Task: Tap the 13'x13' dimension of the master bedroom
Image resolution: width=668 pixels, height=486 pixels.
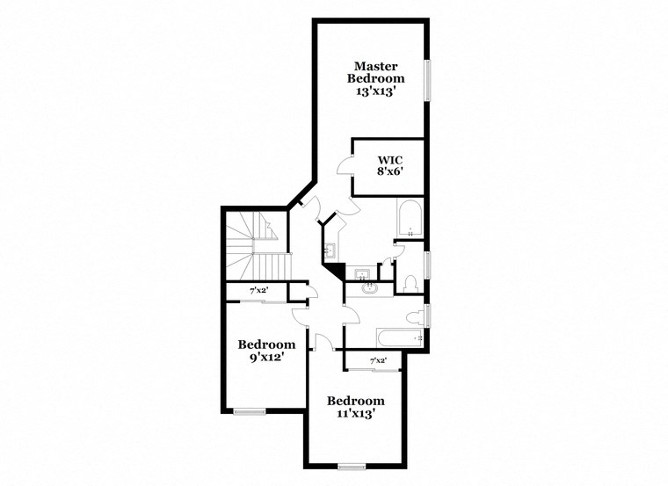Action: pos(376,91)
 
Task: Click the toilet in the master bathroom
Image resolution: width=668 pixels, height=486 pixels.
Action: pos(410,284)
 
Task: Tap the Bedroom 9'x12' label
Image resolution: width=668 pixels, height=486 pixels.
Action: pos(266,351)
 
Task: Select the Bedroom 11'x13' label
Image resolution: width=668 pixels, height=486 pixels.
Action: pos(356,407)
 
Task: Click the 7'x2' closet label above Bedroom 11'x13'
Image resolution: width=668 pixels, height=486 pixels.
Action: pos(378,361)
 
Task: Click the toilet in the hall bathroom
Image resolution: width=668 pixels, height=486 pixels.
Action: pos(414,316)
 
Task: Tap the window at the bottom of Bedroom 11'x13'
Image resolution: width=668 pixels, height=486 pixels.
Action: pos(352,466)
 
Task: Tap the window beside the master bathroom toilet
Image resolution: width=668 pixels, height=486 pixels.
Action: pos(428,265)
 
